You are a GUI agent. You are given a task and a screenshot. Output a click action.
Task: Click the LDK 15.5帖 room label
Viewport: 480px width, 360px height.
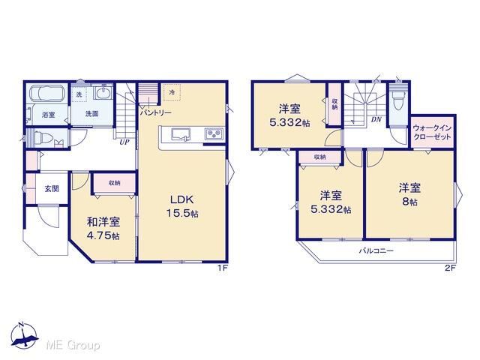[x=182, y=206]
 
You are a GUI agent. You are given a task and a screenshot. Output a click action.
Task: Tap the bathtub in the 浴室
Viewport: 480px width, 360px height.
[x=47, y=92]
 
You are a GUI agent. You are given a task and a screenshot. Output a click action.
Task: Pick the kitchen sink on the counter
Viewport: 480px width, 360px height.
[x=181, y=135]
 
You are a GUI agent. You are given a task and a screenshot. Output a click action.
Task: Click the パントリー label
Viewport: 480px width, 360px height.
[x=155, y=112]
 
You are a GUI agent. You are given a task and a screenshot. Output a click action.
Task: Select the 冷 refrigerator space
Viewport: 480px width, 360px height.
[x=172, y=91]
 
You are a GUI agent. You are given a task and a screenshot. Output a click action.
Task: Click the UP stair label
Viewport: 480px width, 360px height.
[x=124, y=142]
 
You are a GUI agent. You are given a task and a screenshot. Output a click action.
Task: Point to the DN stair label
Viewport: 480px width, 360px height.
[x=376, y=120]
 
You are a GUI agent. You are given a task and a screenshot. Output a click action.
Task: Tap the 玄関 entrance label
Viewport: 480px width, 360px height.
[x=52, y=188]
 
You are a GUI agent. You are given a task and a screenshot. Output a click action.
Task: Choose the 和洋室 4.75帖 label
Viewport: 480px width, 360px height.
[x=103, y=228]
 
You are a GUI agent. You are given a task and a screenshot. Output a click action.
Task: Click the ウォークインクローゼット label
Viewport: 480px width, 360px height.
[x=432, y=132]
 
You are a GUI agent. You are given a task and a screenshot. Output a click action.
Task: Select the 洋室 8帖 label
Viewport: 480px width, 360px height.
[x=409, y=194]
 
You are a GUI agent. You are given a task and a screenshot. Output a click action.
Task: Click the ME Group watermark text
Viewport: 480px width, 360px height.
[x=73, y=345]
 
